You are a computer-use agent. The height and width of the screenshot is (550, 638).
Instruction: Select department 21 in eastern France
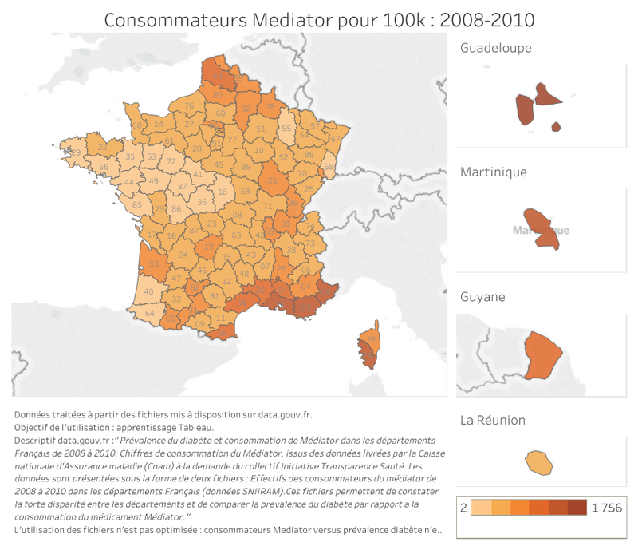coord(272,181)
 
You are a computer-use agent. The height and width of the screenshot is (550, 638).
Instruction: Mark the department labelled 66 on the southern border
coord(220,329)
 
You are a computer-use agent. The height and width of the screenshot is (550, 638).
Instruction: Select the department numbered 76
coord(189,105)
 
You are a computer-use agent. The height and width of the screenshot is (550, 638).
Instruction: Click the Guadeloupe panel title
coord(496,48)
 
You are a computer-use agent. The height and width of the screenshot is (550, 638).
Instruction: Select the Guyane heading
coord(482,297)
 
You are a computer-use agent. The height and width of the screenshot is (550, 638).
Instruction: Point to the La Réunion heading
coord(492,421)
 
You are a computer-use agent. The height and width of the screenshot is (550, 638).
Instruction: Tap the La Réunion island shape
coord(539,462)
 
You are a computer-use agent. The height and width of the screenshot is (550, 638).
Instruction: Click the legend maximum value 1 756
coord(606,508)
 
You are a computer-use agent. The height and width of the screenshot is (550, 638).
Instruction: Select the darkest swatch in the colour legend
coord(577,508)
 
